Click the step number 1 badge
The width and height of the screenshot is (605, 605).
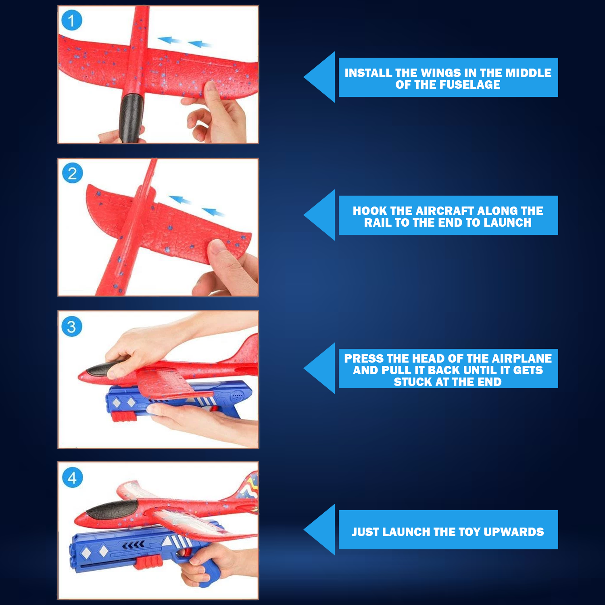click(x=72, y=21)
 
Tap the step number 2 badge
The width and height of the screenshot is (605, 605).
click(x=73, y=173)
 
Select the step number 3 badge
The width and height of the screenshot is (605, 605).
click(x=72, y=327)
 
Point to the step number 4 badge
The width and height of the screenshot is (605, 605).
click(x=73, y=478)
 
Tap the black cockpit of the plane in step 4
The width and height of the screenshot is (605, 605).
click(x=111, y=509)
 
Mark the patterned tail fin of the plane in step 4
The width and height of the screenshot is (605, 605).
click(x=248, y=488)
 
